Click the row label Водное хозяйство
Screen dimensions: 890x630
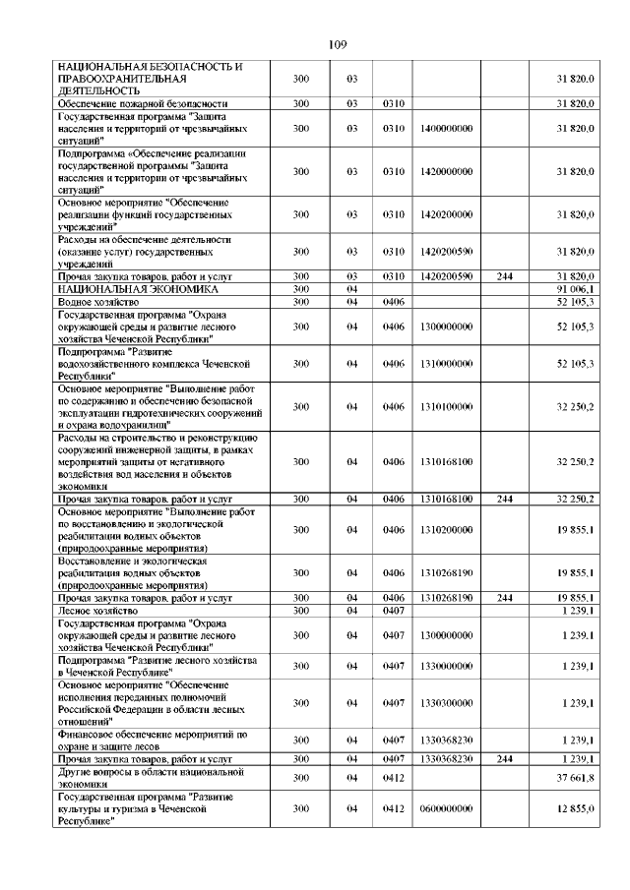pyautogui.click(x=94, y=303)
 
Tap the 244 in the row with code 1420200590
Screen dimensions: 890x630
pyautogui.click(x=504, y=277)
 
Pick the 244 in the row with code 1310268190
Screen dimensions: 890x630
pyautogui.click(x=504, y=598)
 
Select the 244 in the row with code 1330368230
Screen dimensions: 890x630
pyautogui.click(x=504, y=759)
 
